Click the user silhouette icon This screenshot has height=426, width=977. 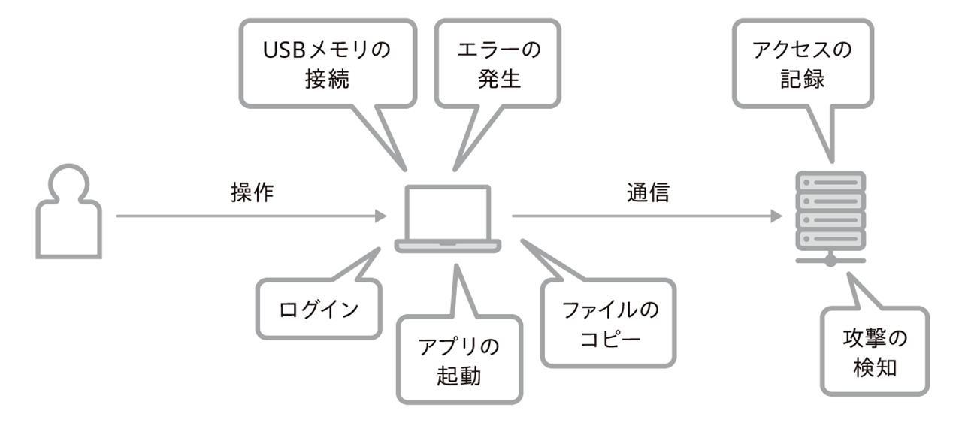coord(68,213)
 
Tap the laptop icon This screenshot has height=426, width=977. coord(448,219)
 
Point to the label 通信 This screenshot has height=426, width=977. coord(647,193)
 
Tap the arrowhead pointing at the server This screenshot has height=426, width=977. coord(776,216)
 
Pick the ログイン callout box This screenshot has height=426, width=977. coord(318,310)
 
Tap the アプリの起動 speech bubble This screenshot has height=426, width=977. coord(458,359)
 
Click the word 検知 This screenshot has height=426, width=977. coord(875,368)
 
